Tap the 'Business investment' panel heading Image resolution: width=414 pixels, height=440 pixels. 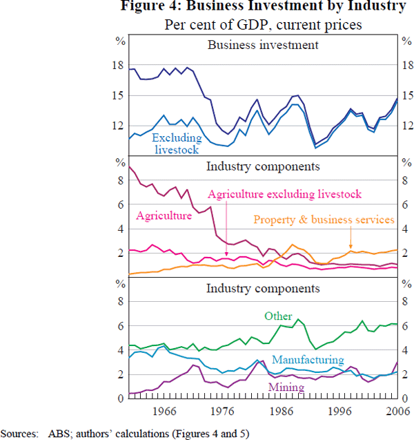pyautogui.click(x=263, y=46)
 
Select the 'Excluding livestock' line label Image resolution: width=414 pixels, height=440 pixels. pyautogui.click(x=175, y=143)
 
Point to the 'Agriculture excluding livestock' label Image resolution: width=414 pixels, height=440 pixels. pyautogui.click(x=284, y=194)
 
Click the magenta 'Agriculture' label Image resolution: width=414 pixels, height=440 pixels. pyautogui.click(x=164, y=216)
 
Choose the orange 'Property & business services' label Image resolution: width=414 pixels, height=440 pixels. pyautogui.click(x=324, y=220)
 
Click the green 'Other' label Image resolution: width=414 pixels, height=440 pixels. pyautogui.click(x=279, y=316)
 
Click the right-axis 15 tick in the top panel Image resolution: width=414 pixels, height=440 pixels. pyautogui.click(x=406, y=95)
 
